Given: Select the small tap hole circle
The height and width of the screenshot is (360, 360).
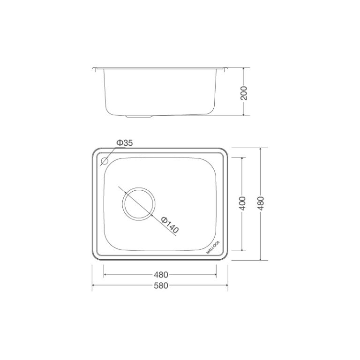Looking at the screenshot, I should click(x=104, y=162).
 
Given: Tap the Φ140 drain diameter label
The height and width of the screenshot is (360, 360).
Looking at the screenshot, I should click(x=170, y=225).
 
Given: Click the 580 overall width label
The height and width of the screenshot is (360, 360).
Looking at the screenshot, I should click(x=160, y=285).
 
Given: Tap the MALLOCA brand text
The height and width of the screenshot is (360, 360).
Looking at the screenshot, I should click(x=212, y=246).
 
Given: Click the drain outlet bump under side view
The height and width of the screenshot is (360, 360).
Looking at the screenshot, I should click(x=140, y=115).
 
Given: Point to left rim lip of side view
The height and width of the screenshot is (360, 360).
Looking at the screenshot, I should click(x=95, y=68).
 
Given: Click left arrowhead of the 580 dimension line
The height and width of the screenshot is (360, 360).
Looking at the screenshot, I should click(x=93, y=285).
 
